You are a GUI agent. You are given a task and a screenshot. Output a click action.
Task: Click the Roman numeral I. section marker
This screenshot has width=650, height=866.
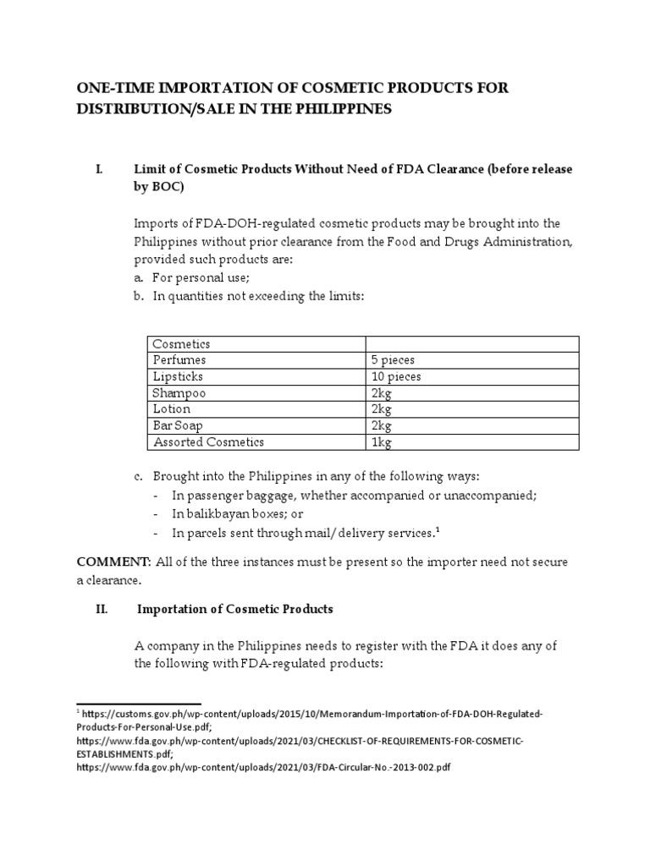click(98, 169)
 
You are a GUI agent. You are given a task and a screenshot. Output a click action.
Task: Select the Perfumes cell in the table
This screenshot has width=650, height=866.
click(179, 360)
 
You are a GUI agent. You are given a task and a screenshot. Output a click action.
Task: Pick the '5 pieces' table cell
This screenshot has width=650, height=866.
click(393, 360)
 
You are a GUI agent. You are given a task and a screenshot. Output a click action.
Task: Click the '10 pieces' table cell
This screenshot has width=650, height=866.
click(395, 376)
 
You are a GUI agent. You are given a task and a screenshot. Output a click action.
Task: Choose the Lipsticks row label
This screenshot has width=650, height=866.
click(178, 376)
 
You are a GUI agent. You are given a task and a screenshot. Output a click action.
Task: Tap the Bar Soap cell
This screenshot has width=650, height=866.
click(178, 425)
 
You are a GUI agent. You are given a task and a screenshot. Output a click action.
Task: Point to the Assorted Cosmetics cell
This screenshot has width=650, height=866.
click(208, 441)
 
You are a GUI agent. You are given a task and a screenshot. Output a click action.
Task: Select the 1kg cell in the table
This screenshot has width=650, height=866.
click(382, 441)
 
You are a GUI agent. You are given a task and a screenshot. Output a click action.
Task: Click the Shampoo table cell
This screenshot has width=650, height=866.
click(179, 393)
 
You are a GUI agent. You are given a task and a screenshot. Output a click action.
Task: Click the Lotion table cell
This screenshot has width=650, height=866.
click(172, 409)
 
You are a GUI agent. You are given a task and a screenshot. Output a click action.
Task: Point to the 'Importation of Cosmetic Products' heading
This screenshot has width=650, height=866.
click(235, 609)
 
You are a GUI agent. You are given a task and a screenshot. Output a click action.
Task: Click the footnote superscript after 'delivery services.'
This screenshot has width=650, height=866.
click(437, 529)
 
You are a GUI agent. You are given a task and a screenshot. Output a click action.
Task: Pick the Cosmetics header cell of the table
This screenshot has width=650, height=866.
click(181, 344)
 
